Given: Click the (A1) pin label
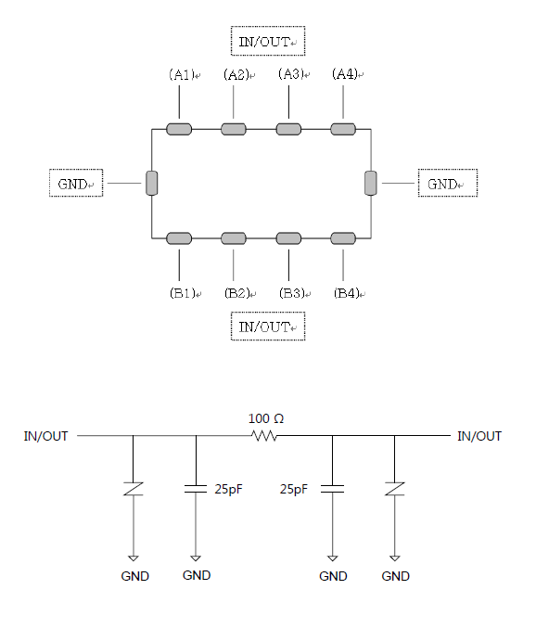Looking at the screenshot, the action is point(182,74).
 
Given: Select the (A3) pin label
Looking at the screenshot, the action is point(291,74).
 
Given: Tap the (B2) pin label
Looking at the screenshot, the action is point(237,293).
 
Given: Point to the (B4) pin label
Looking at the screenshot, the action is point(347,293).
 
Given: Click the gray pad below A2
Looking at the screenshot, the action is point(234,129).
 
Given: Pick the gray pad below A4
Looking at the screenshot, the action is point(343,129).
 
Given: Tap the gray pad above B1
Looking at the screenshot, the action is point(179,238).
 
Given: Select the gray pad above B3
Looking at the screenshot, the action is point(288,238).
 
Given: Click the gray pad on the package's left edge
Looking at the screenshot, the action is point(152,183).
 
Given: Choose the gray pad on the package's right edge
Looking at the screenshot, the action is point(371,183).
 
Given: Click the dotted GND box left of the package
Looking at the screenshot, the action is point(76,183).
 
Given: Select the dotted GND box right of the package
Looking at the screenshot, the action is point(448,183).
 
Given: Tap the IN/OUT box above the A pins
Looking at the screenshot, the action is point(268,41).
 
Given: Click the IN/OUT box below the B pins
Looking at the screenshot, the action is point(268,326).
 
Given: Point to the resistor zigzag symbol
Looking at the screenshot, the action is point(264,435).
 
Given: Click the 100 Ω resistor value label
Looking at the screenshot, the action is point(266,418).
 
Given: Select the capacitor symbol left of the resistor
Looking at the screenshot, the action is point(196,489).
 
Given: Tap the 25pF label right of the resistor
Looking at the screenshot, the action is point(294,489).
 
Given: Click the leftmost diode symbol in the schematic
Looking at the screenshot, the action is point(134,489).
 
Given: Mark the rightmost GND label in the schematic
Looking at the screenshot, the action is point(395,576).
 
